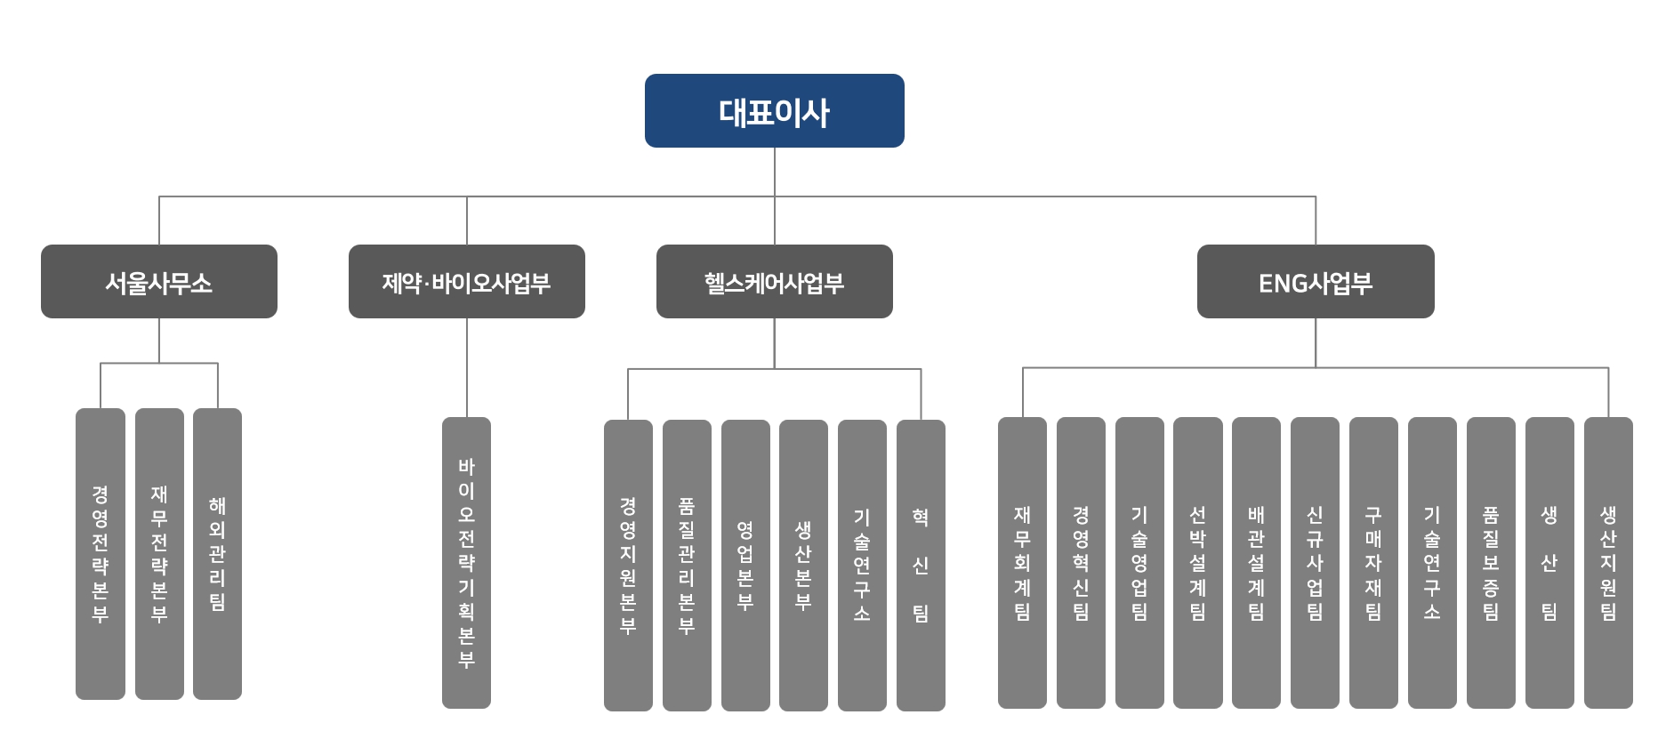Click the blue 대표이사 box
[774, 111]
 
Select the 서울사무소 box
[159, 282]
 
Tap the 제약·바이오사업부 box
[467, 282]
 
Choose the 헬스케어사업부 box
[774, 282]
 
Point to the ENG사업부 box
[1316, 282]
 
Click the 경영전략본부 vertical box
[100, 553]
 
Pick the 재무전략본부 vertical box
[159, 553]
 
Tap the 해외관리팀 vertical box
[217, 553]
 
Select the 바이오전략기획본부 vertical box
[466, 562]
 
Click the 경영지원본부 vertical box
[628, 565]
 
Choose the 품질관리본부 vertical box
[687, 565]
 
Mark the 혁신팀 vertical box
[921, 565]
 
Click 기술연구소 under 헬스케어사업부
[862, 565]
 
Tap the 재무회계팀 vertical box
[1022, 562]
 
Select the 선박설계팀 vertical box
[1197, 562]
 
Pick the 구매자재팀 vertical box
[1373, 562]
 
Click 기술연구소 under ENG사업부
[1432, 562]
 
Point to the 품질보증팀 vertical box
[1491, 562]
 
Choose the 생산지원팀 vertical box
[1608, 562]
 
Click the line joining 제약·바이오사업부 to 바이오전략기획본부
[467, 367]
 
